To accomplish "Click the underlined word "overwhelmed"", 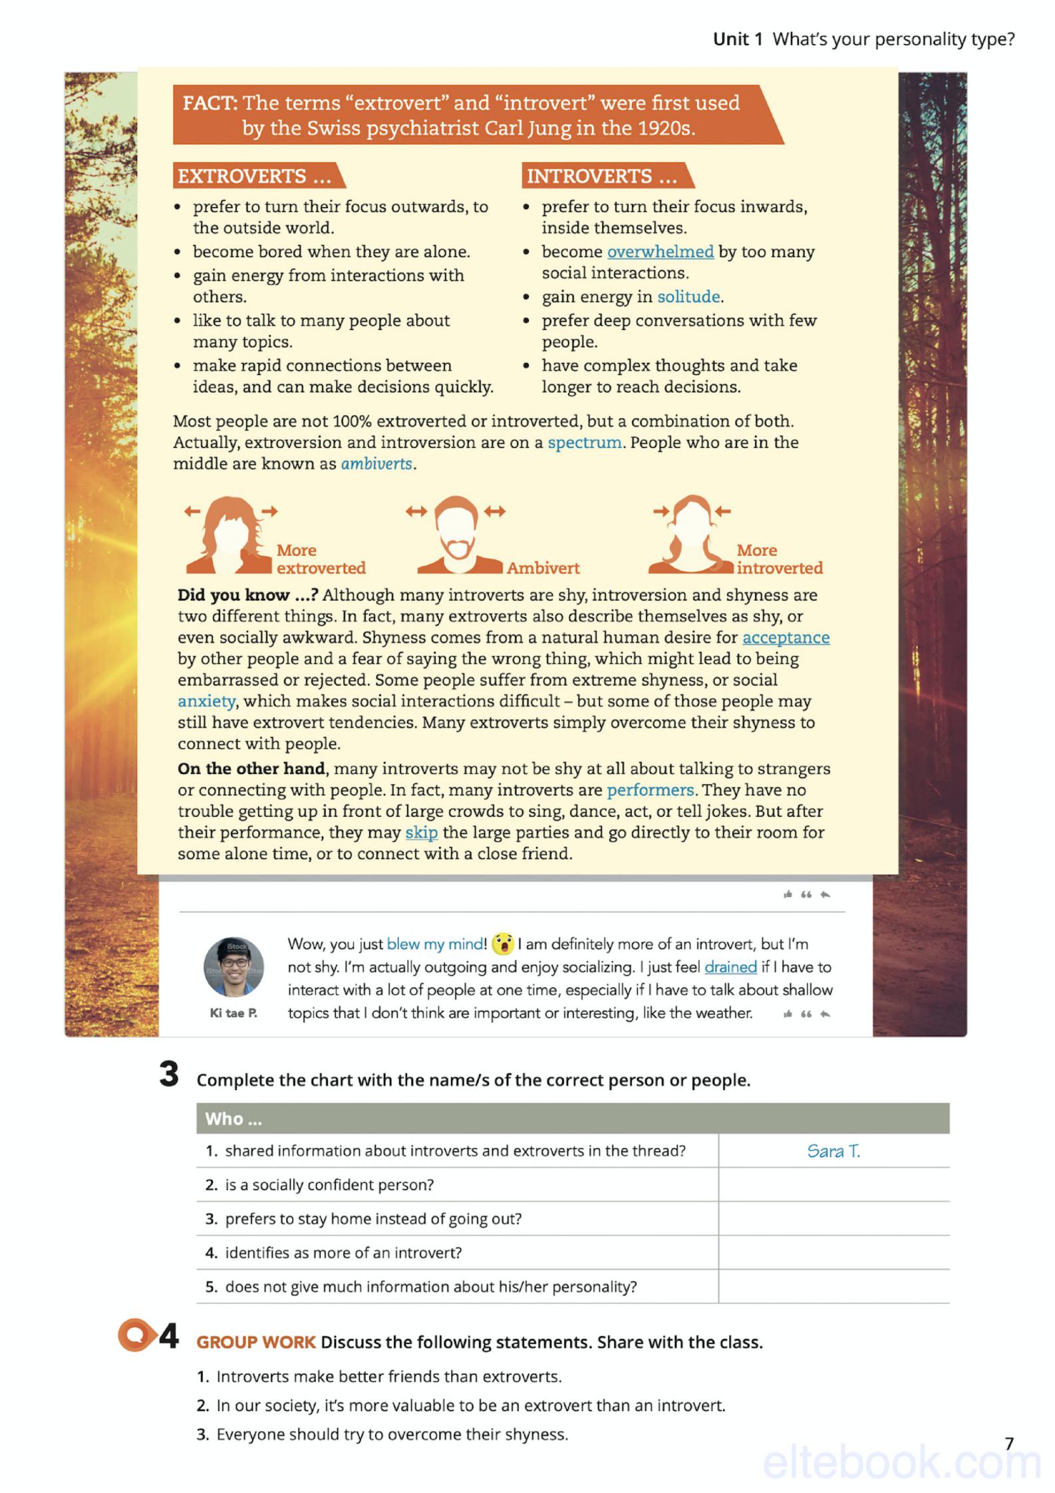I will [660, 251].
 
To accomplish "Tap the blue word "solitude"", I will [688, 297].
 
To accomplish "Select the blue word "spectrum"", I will [585, 442].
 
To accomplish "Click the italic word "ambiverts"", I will [377, 464].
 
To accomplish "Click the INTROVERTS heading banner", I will [606, 176].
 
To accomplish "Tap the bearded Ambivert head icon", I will [456, 535].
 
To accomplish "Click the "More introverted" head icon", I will [690, 535].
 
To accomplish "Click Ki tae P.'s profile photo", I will [233, 966].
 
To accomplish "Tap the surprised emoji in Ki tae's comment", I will [503, 944].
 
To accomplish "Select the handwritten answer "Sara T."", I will [833, 1151].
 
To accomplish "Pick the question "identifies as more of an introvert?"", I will [343, 1252].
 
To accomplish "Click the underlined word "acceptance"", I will [786, 637].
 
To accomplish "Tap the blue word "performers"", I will [651, 789].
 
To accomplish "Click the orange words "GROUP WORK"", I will [256, 1342].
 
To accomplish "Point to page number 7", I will [1009, 1443].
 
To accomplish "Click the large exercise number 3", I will [169, 1074].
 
